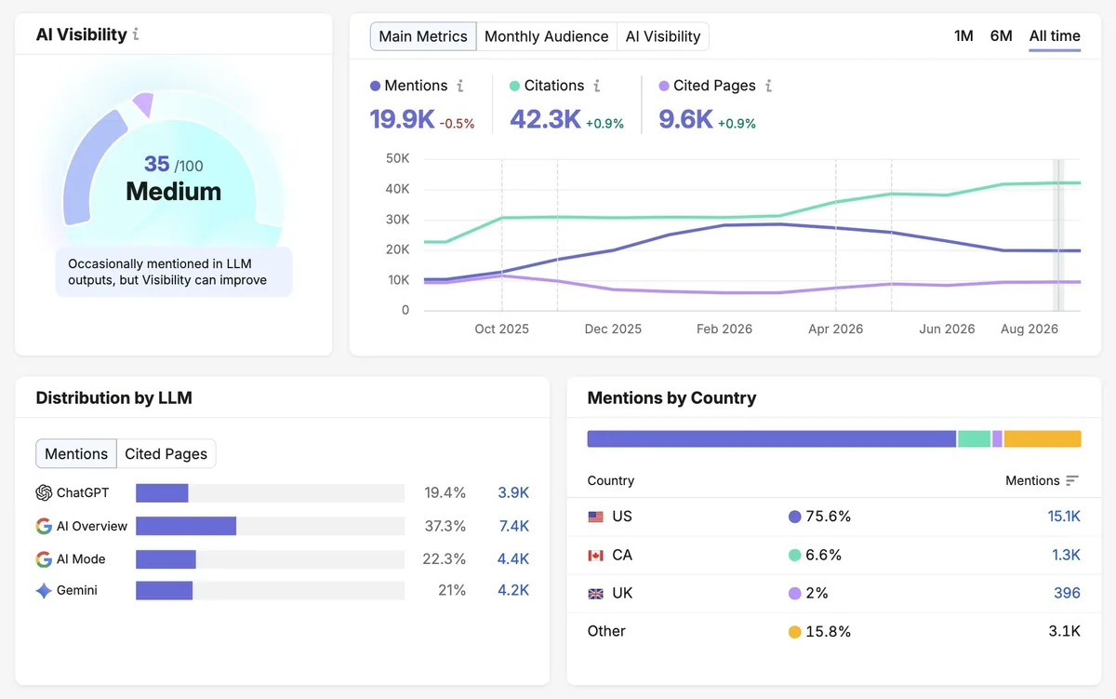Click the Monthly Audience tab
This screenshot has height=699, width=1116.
tap(547, 36)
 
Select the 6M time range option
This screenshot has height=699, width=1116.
tap(1001, 36)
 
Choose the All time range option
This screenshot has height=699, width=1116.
tap(1055, 36)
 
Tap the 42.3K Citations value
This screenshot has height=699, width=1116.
tap(545, 120)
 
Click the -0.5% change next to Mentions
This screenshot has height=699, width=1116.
tap(457, 123)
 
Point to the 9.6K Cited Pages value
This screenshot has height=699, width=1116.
tap(685, 120)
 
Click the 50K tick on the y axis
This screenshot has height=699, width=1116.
tap(398, 158)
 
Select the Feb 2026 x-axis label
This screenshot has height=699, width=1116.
tap(724, 329)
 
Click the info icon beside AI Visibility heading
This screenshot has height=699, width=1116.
tap(136, 34)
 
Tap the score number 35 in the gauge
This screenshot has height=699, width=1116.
tap(157, 164)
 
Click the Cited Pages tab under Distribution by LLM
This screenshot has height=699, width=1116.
tap(166, 453)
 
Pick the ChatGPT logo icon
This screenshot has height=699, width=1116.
tap(44, 492)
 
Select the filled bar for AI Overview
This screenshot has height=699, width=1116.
tap(186, 526)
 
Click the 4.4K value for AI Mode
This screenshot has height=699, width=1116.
tap(513, 558)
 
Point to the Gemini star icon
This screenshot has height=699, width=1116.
tap(44, 590)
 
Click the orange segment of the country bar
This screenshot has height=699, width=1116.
tap(1043, 438)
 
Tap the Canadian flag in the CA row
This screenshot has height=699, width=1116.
tap(595, 555)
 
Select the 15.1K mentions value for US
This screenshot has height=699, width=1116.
tap(1064, 516)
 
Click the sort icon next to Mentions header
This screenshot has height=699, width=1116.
tap(1072, 480)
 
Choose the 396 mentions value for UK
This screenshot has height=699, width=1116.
tap(1067, 593)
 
